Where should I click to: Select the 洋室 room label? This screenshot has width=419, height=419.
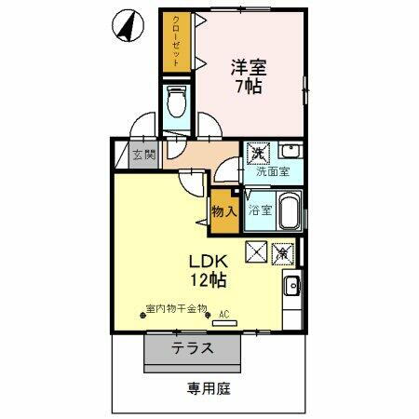[250, 68]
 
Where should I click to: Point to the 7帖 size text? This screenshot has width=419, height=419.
[250, 88]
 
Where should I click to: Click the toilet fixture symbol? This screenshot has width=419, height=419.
[174, 102]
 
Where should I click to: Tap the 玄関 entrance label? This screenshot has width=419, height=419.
[143, 155]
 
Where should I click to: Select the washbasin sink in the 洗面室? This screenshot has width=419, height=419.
[290, 152]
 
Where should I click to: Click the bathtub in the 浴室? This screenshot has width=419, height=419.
[289, 210]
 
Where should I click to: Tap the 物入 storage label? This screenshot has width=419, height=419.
[224, 211]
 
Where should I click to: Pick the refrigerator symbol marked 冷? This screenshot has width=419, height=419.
[282, 251]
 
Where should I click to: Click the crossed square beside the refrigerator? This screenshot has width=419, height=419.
[256, 251]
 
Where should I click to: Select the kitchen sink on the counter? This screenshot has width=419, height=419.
[291, 287]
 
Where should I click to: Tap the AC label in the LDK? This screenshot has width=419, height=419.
[223, 314]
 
